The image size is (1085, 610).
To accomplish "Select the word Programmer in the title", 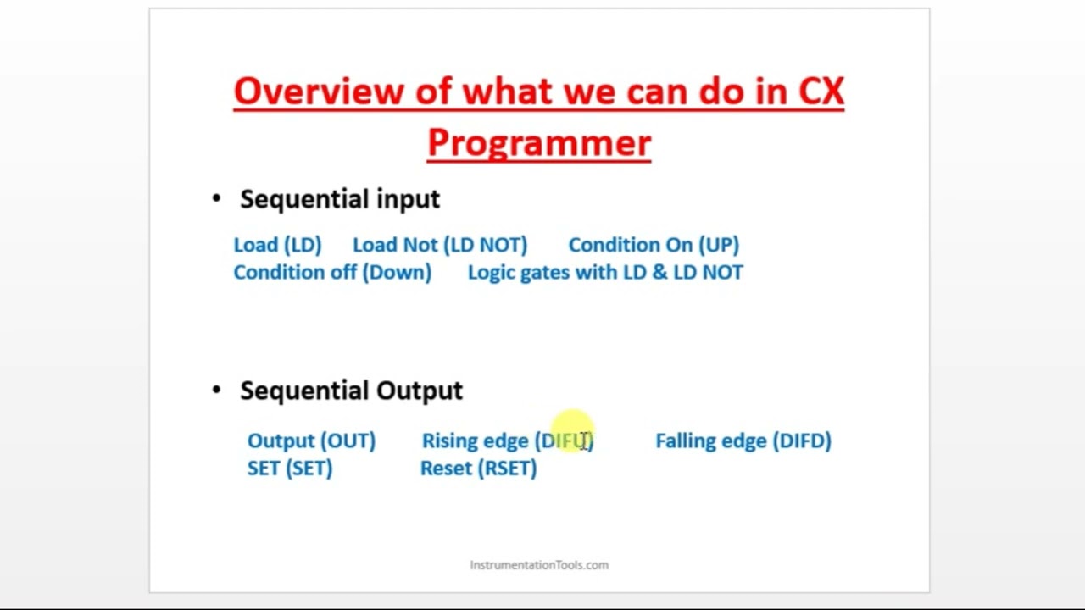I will pyautogui.click(x=538, y=142).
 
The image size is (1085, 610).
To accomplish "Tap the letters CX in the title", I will pyautogui.click(x=821, y=91).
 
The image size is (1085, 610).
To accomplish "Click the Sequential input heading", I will pyautogui.click(x=340, y=199).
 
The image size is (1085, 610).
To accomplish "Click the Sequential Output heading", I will pyautogui.click(x=351, y=391).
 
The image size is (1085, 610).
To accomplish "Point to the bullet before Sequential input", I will pyautogui.click(x=217, y=199).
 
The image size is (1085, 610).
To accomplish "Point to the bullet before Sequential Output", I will pyautogui.click(x=217, y=390).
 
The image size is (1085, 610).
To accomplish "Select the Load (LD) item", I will pyautogui.click(x=277, y=245).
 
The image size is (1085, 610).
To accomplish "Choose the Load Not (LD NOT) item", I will pyautogui.click(x=439, y=245).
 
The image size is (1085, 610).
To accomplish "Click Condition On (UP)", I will pyautogui.click(x=653, y=245).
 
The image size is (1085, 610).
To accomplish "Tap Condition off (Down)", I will pyautogui.click(x=331, y=272).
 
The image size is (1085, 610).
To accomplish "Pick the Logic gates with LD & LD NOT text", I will pyautogui.click(x=604, y=272).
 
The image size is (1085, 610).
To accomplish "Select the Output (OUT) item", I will pyautogui.click(x=311, y=441).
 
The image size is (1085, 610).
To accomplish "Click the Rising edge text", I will pyautogui.click(x=475, y=441).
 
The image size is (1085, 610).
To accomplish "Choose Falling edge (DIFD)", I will pyautogui.click(x=743, y=441).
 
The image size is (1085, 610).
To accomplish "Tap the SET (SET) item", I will pyautogui.click(x=289, y=469).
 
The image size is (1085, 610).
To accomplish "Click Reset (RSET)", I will pyautogui.click(x=478, y=469).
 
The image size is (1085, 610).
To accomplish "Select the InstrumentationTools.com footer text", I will pyautogui.click(x=539, y=565).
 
